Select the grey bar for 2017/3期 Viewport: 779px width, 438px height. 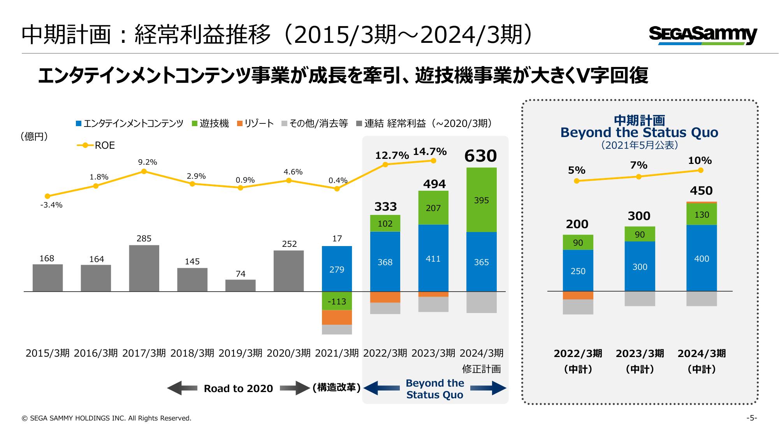coord(144,268)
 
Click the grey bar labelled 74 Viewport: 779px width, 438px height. coord(241,285)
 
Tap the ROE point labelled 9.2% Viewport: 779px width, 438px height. coord(144,171)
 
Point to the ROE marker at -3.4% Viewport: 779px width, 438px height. coord(47,196)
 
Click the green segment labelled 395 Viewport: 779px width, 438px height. coord(482,200)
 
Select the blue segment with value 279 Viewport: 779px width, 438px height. coord(337,269)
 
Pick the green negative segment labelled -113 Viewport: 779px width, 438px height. coord(337,301)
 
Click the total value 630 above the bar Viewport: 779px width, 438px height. coord(481,156)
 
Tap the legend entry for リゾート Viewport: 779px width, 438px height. coord(255,124)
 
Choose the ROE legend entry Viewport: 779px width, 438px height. coord(96,145)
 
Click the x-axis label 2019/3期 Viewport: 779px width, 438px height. coord(241,353)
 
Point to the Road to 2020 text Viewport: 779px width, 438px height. coord(238,389)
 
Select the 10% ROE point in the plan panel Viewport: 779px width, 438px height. coord(701,170)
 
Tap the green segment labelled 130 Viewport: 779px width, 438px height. coord(702,215)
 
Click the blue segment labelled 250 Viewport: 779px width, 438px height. coord(578,271)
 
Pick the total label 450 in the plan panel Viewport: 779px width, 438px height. coord(701,191)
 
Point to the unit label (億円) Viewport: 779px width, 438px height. coord(34,137)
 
